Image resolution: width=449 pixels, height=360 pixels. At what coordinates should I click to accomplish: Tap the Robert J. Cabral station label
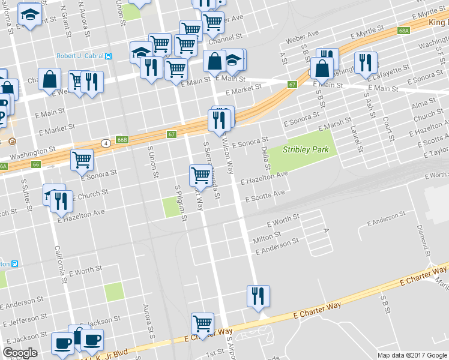click(80, 56)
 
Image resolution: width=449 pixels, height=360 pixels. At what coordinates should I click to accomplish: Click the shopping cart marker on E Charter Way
click(203, 323)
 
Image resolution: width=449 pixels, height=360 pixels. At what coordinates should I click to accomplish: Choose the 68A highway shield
click(403, 29)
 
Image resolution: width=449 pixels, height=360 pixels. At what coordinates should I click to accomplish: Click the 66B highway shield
click(122, 140)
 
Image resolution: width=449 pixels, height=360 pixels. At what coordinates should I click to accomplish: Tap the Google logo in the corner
click(20, 353)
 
